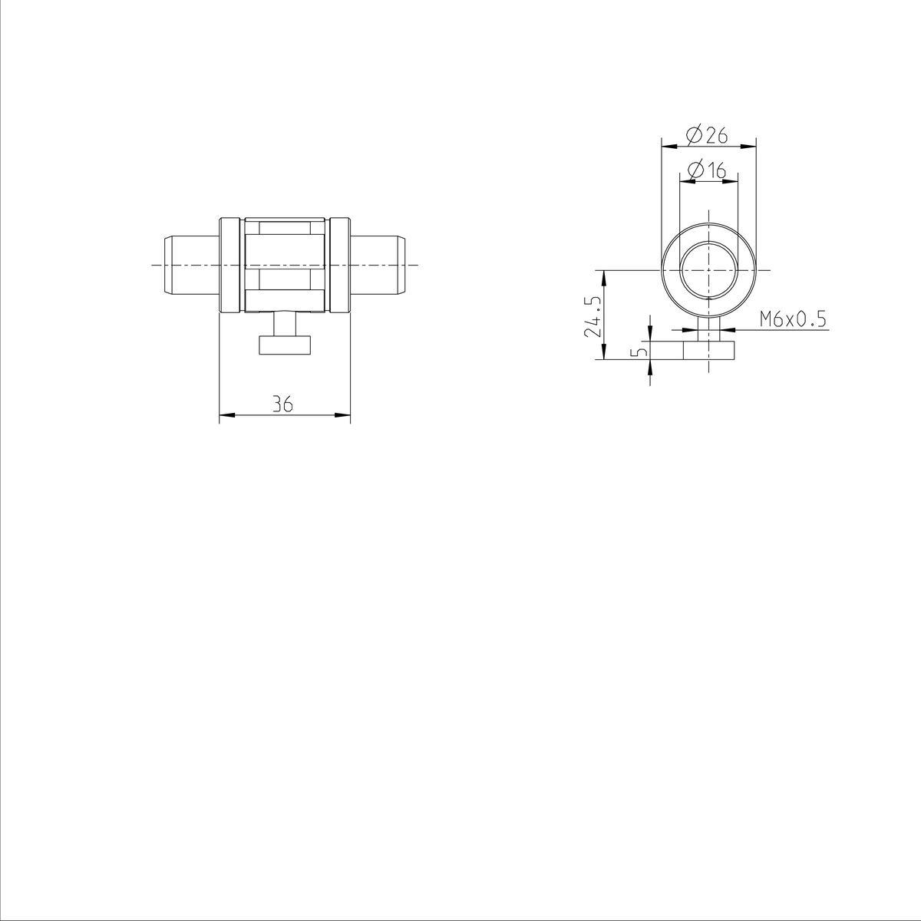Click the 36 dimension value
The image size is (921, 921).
click(284, 404)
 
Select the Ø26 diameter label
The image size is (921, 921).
click(707, 135)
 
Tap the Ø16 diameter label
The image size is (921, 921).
click(707, 170)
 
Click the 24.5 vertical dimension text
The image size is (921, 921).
click(592, 315)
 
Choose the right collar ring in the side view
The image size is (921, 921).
click(340, 265)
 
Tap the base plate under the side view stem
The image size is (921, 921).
click(285, 345)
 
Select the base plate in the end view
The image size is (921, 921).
click(709, 352)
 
